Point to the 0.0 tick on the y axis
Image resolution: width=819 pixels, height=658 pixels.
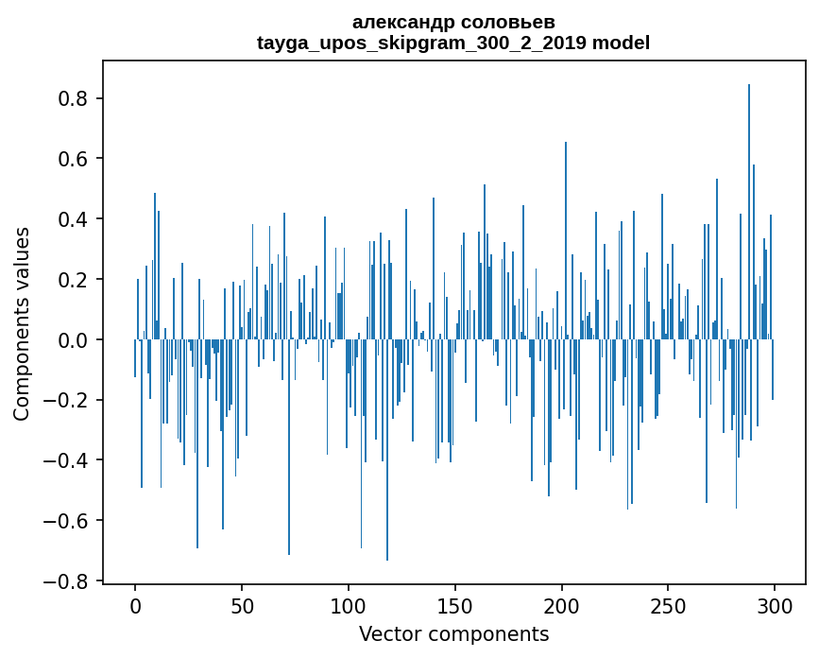75,340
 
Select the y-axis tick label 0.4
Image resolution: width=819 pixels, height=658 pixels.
75,219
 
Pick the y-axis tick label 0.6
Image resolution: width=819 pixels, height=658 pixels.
75,159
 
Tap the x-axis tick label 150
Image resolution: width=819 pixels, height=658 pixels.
454,606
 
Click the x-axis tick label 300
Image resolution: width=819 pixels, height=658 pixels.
775,606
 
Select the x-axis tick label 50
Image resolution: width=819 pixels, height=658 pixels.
242,606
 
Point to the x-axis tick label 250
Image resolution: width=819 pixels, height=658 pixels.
668,606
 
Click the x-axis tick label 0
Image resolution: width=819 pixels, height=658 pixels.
135,606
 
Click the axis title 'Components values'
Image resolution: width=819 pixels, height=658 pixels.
22,323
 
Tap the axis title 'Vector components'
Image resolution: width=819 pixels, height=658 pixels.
453,634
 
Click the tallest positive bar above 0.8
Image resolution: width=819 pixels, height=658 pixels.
749,208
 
